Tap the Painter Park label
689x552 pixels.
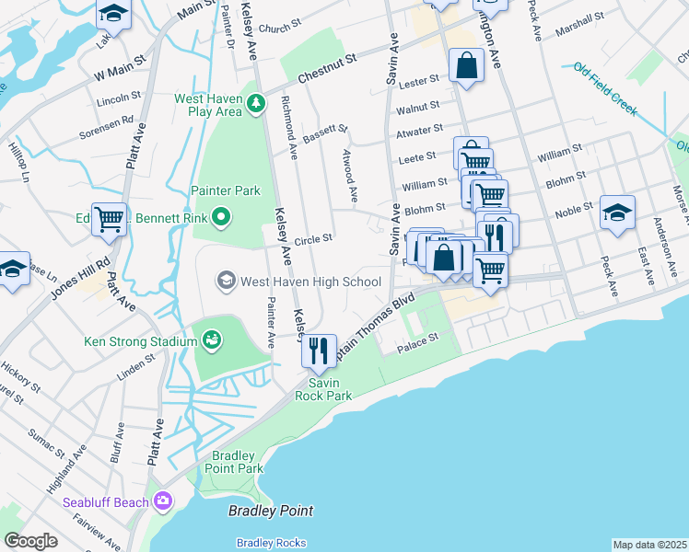[x=226, y=190]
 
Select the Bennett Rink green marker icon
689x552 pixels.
[x=221, y=219]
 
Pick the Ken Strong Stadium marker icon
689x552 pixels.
[x=213, y=341]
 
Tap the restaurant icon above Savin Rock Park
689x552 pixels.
[x=319, y=349]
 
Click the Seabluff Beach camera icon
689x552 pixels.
[x=163, y=502]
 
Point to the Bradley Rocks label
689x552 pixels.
[x=271, y=542]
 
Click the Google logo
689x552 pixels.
[x=30, y=541]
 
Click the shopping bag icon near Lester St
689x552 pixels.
[x=467, y=65]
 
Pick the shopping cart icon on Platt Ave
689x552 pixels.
[x=109, y=219]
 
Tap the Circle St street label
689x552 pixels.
[x=313, y=238]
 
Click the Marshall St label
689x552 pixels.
[x=578, y=16]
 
